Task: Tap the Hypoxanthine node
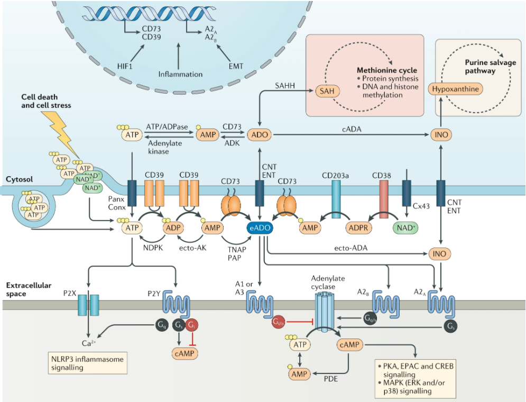point(455,89)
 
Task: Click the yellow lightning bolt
point(64,132)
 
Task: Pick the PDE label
point(330,378)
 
